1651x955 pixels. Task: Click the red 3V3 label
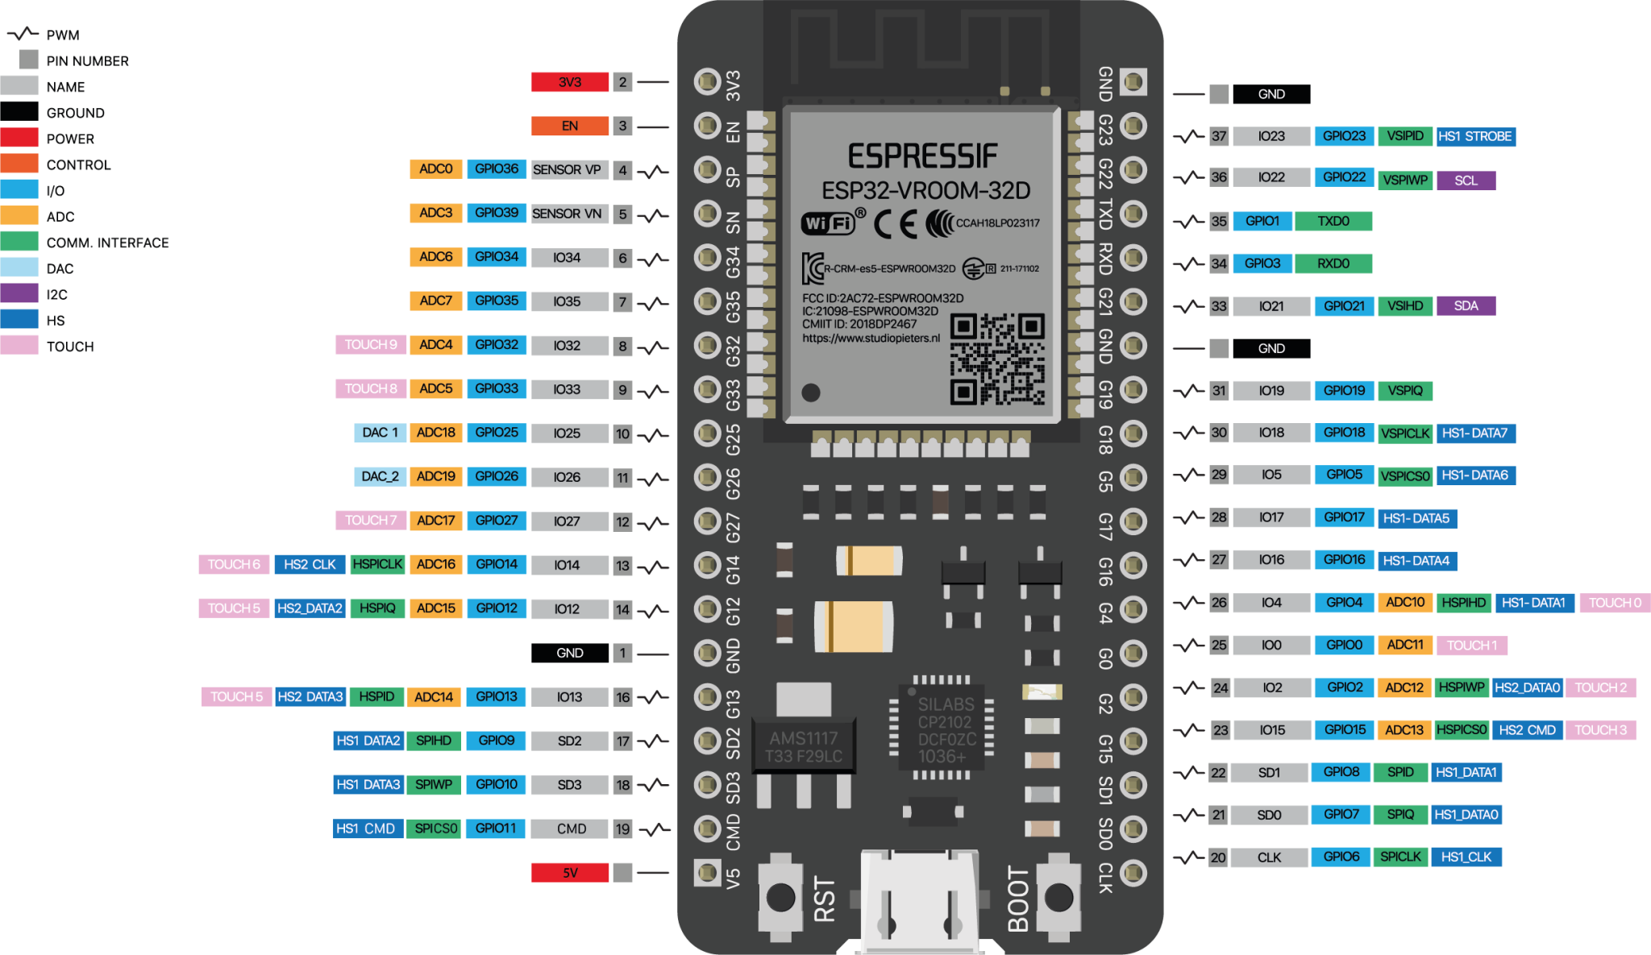pyautogui.click(x=569, y=82)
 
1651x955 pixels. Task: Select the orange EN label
pyautogui.click(x=569, y=126)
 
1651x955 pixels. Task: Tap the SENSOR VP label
pyautogui.click(x=567, y=169)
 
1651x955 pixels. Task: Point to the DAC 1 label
pyautogui.click(x=380, y=433)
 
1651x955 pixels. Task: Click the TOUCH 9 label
pyautogui.click(x=371, y=345)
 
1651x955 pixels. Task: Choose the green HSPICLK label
pyautogui.click(x=377, y=564)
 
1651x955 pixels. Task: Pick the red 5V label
pyautogui.click(x=569, y=873)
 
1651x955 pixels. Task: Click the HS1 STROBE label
pyautogui.click(x=1475, y=136)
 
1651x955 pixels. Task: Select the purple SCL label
pyautogui.click(x=1466, y=181)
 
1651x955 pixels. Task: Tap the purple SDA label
pyautogui.click(x=1466, y=305)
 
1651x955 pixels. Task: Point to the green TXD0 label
pyautogui.click(x=1333, y=221)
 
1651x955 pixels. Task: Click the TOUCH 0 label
pyautogui.click(x=1614, y=603)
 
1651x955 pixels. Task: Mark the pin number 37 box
pyautogui.click(x=1218, y=136)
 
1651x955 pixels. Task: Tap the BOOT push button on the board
pyautogui.click(x=1058, y=896)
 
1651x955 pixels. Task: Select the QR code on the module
pyautogui.click(x=997, y=359)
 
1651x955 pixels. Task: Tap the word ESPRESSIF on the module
pyautogui.click(x=922, y=156)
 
